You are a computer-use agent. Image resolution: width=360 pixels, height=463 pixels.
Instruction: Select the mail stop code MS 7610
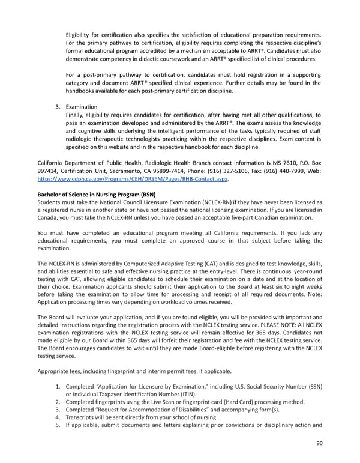[x=273, y=162]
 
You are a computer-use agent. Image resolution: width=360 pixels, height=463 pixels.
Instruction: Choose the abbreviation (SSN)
[x=310, y=385]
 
